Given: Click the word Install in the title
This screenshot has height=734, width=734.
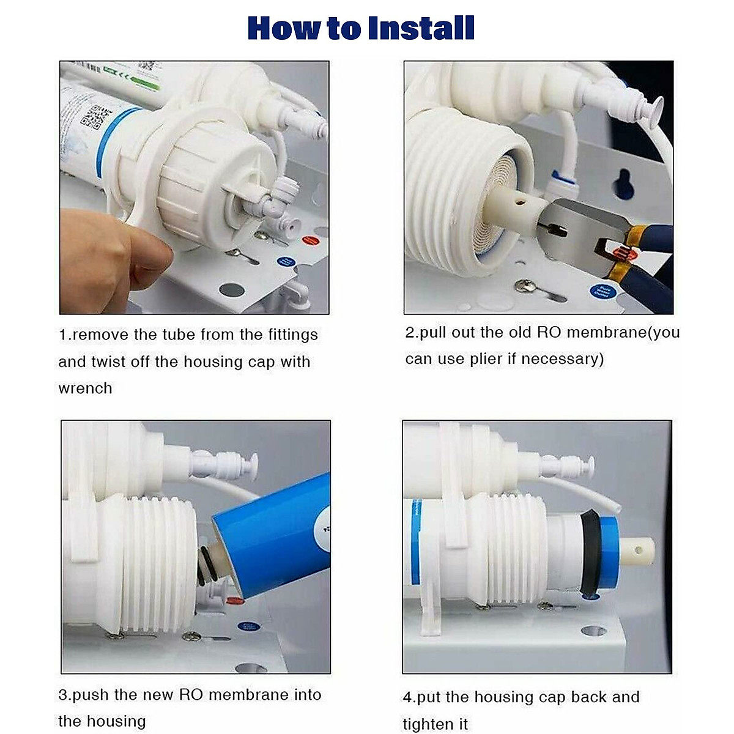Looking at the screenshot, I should tap(421, 28).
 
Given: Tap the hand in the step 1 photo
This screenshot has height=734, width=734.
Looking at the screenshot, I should tap(104, 257).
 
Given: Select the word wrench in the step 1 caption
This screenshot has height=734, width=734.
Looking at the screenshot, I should tap(85, 388).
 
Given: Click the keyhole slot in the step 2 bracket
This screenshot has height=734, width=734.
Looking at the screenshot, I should tap(625, 183).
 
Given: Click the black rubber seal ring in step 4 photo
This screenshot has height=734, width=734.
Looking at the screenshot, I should tap(589, 550).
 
